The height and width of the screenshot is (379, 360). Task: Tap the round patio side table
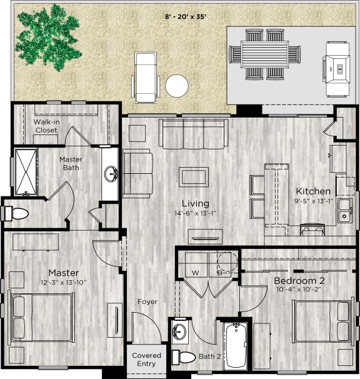(x=177, y=86)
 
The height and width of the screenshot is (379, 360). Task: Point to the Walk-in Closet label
(x=46, y=126)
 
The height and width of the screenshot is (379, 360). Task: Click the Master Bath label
(x=71, y=164)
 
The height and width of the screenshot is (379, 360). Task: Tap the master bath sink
(x=111, y=173)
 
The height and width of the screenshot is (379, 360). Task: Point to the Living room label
(x=196, y=203)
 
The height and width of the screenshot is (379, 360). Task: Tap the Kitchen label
(x=313, y=191)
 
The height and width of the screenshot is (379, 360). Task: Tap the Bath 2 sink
(x=179, y=331)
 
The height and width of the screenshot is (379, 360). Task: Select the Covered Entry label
(x=146, y=360)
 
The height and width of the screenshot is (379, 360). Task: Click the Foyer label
(x=147, y=302)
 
